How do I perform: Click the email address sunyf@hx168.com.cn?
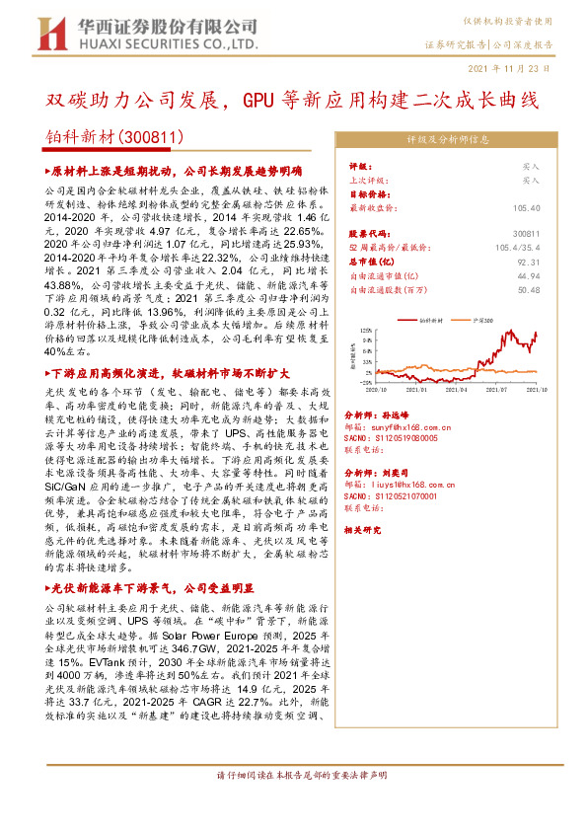tap(411, 427)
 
